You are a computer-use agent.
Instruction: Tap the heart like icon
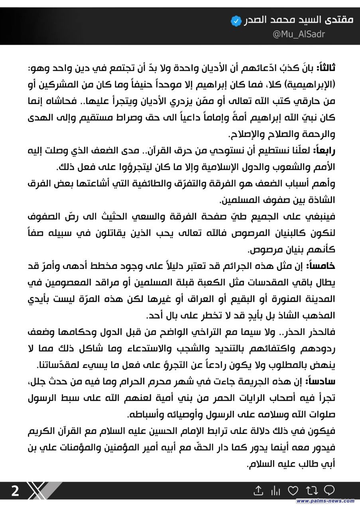click(x=293, y=490)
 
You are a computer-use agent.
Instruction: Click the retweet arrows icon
click(x=311, y=490)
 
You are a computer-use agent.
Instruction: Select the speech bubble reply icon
click(x=329, y=490)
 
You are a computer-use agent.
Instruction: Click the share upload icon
click(x=258, y=490)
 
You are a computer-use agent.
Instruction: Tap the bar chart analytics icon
click(x=275, y=490)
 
